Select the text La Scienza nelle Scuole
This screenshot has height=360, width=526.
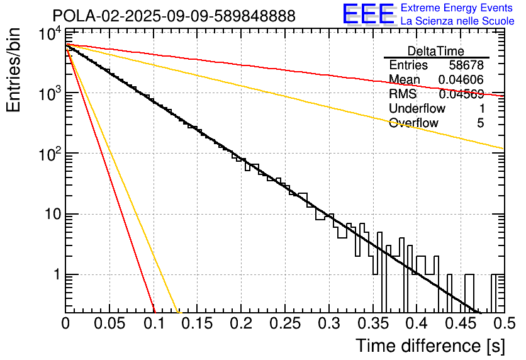[457, 21]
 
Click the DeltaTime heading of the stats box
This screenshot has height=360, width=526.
[436, 51]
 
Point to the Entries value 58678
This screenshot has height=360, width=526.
[466, 65]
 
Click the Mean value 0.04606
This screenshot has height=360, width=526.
[461, 80]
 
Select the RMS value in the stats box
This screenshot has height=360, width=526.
[461, 94]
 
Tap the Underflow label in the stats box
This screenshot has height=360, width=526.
[417, 109]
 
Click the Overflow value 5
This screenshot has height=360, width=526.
[480, 123]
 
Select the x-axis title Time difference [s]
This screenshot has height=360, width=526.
[429, 346]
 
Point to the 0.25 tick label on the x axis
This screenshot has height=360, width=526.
[284, 324]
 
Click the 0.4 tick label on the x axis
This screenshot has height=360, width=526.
[416, 324]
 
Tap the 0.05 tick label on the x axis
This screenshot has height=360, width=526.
[109, 324]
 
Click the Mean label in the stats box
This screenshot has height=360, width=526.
[405, 80]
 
